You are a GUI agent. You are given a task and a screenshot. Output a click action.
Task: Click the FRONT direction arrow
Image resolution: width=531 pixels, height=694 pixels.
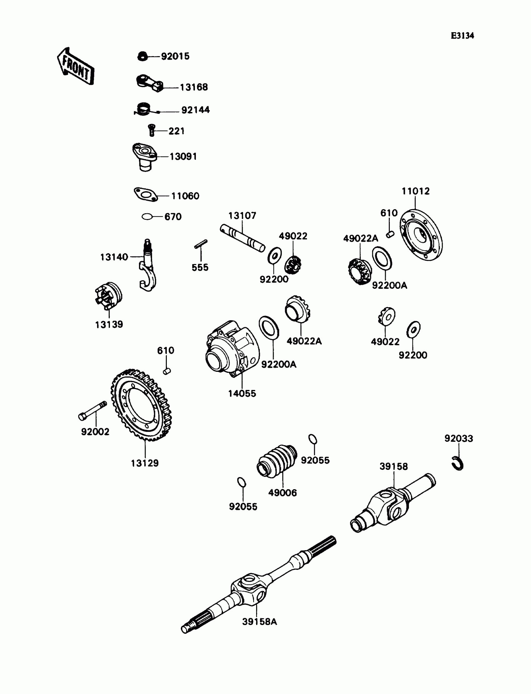coord(76,66)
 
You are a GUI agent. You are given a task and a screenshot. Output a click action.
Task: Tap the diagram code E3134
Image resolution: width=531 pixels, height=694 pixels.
coord(462,35)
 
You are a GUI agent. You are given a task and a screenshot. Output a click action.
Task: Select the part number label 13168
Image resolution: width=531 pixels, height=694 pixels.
coord(194,87)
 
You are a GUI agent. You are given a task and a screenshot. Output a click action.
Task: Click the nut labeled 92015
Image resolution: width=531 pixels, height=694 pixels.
coord(142,57)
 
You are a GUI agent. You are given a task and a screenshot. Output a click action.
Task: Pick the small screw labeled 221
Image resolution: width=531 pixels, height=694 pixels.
coord(152,130)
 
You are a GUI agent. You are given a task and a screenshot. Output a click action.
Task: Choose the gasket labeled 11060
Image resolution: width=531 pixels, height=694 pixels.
coord(145,194)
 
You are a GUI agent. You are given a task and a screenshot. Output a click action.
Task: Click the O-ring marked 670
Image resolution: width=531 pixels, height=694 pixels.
coord(147,217)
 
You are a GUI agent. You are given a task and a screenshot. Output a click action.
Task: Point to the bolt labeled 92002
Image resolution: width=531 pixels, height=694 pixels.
coord(92,411)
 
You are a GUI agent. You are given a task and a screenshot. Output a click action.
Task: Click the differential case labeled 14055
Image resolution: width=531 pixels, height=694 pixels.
coord(232,349)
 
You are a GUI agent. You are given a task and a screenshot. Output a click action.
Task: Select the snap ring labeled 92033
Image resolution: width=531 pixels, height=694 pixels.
coord(457,463)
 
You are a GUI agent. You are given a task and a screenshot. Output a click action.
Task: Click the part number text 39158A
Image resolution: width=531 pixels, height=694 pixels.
coord(260,622)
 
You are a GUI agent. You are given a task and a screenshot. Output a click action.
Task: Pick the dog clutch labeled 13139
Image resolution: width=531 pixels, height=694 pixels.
coord(109,296)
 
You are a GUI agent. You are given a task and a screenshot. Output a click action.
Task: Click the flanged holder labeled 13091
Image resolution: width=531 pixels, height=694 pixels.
coord(144,157)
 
